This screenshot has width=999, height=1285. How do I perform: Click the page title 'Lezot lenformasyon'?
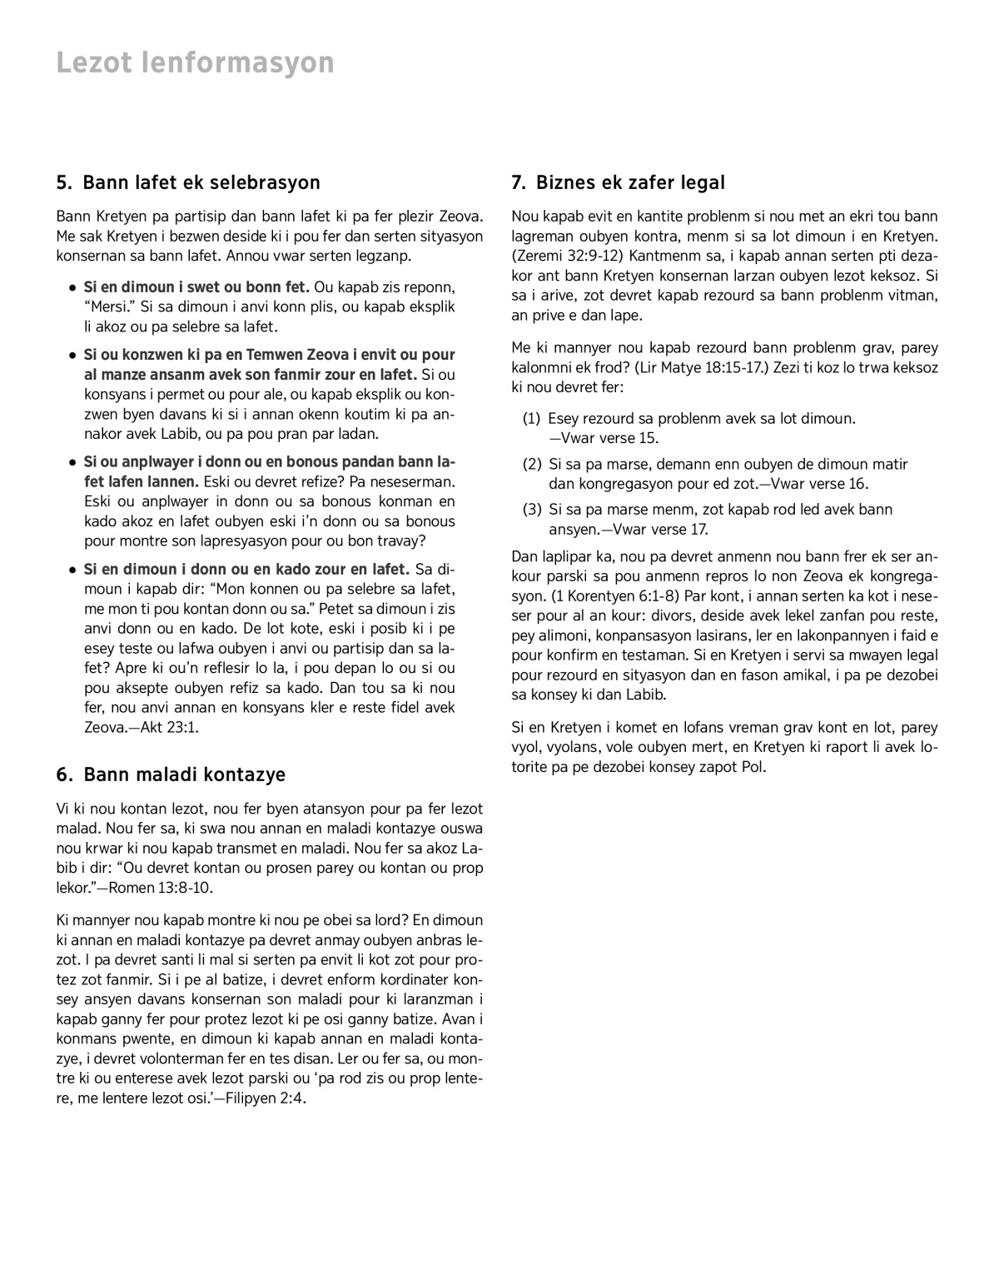tap(195, 62)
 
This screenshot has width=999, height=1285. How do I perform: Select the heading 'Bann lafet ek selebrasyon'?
tap(201, 182)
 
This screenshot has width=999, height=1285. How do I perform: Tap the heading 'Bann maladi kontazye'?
tap(184, 774)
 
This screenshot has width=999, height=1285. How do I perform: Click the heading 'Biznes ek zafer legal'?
tap(630, 182)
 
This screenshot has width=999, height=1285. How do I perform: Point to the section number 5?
tap(62, 182)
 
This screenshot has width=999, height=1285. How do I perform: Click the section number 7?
tap(518, 182)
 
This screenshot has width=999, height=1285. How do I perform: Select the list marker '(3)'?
tap(532, 510)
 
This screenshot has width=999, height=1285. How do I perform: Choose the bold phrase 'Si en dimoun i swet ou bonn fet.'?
tap(196, 287)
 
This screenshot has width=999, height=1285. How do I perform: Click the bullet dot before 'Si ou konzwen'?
tap(72, 356)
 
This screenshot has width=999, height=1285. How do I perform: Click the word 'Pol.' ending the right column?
tap(753, 767)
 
